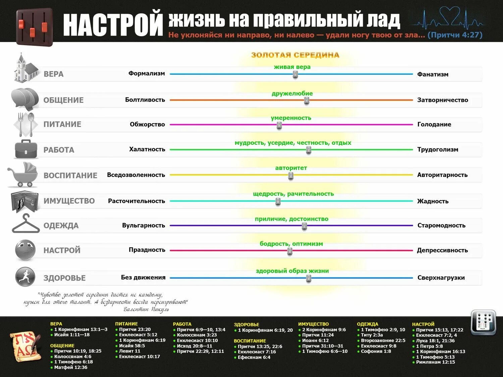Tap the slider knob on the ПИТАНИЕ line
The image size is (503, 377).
[279, 125]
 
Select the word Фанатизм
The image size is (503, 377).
[433, 74]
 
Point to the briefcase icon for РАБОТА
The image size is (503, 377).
[26, 149]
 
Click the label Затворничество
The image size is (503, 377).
[442, 100]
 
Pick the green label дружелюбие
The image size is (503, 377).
[292, 93]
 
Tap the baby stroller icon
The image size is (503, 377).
[23, 175]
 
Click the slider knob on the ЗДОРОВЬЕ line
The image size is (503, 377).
[309, 278]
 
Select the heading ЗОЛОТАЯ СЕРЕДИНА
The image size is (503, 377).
[295, 55]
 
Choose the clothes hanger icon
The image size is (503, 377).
[25, 224]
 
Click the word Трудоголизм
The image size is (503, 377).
[438, 149]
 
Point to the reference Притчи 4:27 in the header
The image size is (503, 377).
[455, 35]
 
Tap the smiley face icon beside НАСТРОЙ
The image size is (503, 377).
[25, 250]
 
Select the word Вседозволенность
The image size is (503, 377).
[136, 175]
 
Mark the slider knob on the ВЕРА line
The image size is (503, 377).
[295, 75]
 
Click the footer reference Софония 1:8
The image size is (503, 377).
[376, 352]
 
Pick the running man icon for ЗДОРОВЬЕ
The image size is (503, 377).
[25, 277]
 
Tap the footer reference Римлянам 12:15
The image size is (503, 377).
[435, 362]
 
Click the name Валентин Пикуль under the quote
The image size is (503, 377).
[146, 309]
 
